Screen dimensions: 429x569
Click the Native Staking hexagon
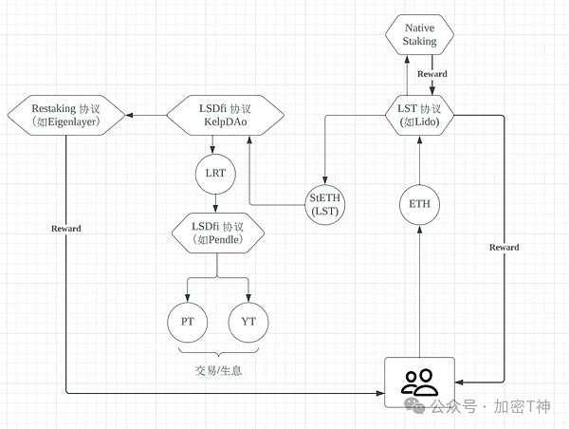click(419, 35)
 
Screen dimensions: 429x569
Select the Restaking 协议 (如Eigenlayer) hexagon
click(66, 116)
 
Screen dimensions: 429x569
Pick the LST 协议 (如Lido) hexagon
click(419, 116)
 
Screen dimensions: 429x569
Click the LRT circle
click(217, 174)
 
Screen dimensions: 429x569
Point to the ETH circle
click(419, 204)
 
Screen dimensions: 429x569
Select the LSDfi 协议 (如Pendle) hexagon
click(217, 233)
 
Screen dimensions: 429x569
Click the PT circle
click(188, 321)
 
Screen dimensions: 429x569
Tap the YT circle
click(248, 321)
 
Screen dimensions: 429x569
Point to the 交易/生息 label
click(217, 369)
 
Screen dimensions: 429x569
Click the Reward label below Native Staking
click(431, 74)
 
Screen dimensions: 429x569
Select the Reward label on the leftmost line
click(66, 229)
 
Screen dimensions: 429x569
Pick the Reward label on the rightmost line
click(504, 248)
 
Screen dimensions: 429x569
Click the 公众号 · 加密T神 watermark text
click(489, 406)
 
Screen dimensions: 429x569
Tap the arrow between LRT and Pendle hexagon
click(217, 202)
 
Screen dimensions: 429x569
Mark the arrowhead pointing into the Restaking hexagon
click(133, 116)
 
